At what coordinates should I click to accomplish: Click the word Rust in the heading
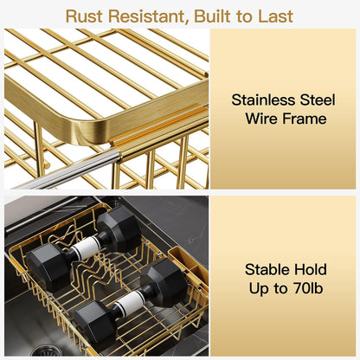coord(84,16)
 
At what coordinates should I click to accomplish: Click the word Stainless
coord(263,100)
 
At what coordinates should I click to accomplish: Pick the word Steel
coord(318,100)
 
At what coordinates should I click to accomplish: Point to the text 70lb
coord(307,288)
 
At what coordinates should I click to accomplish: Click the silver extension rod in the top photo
coord(69,171)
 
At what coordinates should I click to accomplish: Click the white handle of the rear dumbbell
coord(87,247)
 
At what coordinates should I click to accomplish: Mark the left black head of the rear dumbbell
coord(48,266)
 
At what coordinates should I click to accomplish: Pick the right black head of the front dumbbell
coord(164,280)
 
